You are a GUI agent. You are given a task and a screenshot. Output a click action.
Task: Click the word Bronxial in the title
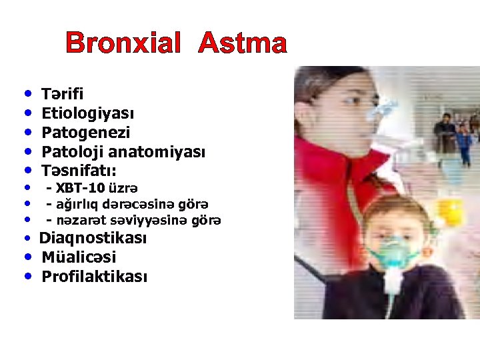[x=123, y=44]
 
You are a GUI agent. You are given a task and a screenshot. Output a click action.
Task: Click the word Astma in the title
[x=243, y=44]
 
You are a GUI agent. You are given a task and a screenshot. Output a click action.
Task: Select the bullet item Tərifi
[x=62, y=94]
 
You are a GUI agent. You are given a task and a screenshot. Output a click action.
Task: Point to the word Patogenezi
[x=85, y=133]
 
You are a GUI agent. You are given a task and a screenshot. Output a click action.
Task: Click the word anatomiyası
[x=157, y=152]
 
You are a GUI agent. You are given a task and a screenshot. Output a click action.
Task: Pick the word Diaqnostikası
[x=93, y=238]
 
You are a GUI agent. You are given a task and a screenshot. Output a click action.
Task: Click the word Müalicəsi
[x=78, y=257]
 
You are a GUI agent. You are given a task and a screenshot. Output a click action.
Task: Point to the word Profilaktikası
[x=94, y=277]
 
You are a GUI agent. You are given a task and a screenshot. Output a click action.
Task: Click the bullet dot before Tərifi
[x=27, y=94]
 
